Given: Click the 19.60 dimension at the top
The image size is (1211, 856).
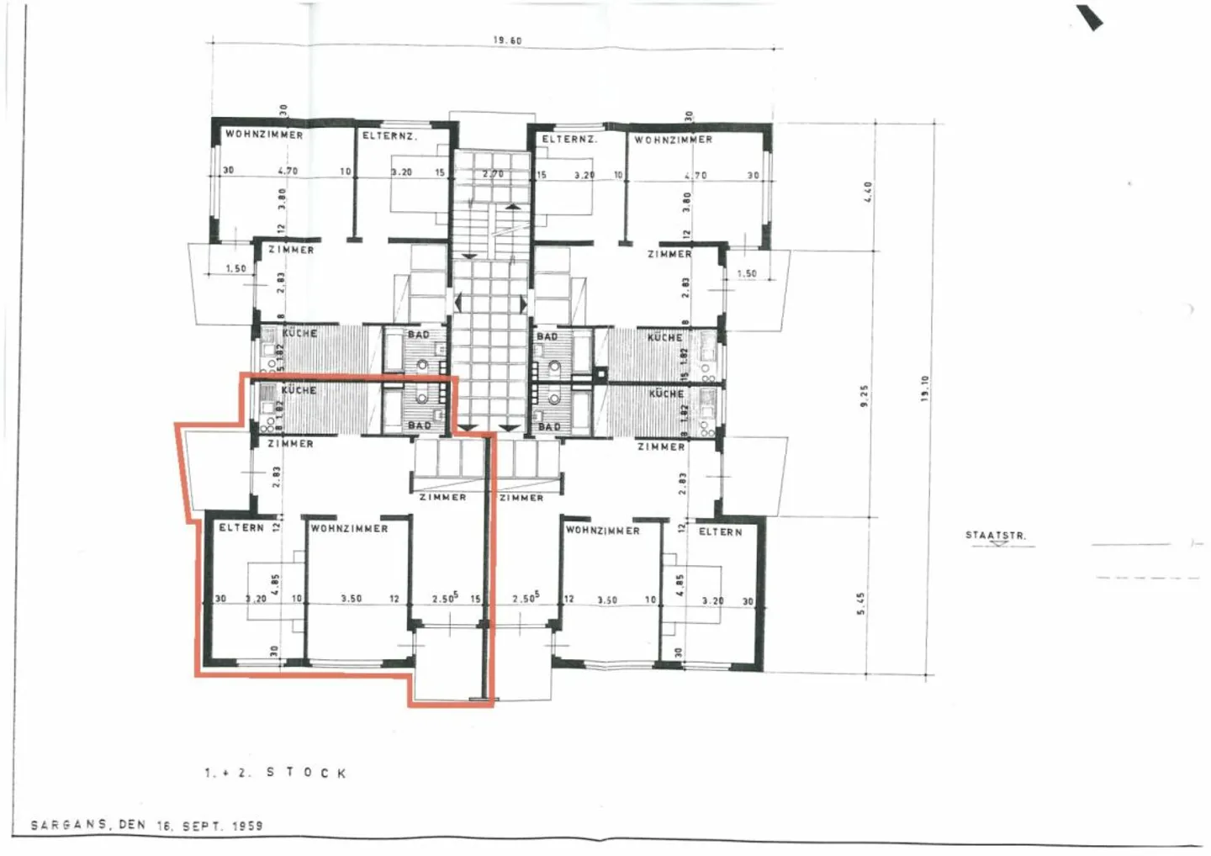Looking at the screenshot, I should point(507,40).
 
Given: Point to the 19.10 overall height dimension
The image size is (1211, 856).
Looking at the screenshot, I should point(925,388).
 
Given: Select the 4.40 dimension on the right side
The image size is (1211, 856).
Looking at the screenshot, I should point(869,191).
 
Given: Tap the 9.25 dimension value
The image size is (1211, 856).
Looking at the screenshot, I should point(864,396).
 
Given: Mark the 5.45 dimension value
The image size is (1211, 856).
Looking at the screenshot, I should point(861,603).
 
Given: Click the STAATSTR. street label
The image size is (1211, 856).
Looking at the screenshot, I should point(996,536).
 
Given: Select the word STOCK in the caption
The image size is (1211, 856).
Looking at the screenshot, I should point(306,773).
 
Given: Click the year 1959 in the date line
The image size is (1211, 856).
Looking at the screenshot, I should point(247,826).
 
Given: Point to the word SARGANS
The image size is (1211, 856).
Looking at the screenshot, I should point(69,825).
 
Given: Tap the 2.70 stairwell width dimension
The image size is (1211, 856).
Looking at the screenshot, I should point(493,174).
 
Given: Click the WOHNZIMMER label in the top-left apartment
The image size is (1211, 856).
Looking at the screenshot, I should point(264,135).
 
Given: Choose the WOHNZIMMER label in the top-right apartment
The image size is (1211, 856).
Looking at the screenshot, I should point(673,140).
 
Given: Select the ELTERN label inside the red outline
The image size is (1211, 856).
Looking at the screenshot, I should point(241,527).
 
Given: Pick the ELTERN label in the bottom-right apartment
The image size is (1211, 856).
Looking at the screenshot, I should point(721,531).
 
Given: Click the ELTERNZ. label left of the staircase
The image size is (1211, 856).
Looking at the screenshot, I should point(389,135).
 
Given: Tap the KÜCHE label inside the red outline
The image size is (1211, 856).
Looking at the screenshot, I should point(299,390).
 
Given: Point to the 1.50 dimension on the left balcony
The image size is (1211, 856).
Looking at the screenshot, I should point(235,269).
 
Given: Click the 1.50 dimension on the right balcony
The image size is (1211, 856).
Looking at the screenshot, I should point(747,273).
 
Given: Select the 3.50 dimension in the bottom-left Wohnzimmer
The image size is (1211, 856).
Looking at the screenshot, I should point(352,599).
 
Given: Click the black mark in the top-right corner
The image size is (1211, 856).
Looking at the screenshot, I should point(1090,18).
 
